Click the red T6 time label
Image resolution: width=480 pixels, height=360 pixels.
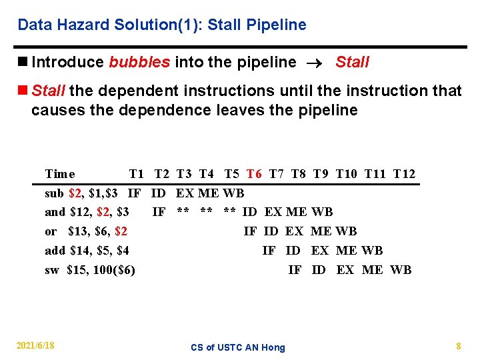(x=254, y=175)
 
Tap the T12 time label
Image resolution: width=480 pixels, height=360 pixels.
(x=404, y=175)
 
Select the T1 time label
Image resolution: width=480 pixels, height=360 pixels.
(x=137, y=175)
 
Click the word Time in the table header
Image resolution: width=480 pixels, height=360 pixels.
(x=60, y=175)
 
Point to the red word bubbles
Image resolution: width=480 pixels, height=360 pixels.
(x=139, y=63)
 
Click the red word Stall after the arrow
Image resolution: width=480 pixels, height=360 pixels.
(x=352, y=63)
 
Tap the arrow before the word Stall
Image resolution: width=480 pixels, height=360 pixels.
(x=316, y=63)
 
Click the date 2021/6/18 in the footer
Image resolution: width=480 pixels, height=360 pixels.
(x=36, y=345)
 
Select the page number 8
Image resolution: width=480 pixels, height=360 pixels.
(x=459, y=346)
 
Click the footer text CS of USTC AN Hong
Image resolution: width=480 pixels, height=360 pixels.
(x=237, y=347)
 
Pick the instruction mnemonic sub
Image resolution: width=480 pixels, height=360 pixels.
(x=54, y=194)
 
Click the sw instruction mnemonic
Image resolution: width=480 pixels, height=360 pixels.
(x=51, y=270)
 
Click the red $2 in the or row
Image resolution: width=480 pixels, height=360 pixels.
(x=121, y=232)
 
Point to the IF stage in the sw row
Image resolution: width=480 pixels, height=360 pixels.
(x=294, y=270)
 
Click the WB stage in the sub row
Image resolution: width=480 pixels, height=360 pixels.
(x=233, y=194)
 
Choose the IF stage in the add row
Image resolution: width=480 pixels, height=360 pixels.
(x=269, y=251)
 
